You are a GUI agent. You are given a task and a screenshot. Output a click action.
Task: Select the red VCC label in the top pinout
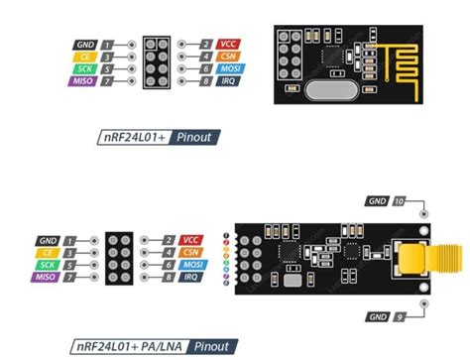(230, 45)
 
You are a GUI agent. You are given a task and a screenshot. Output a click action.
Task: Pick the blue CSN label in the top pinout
(230, 58)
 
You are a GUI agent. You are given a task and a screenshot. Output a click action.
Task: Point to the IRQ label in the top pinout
(230, 81)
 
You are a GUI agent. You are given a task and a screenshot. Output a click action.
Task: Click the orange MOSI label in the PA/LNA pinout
(192, 266)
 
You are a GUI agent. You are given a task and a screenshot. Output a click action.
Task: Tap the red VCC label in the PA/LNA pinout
(192, 241)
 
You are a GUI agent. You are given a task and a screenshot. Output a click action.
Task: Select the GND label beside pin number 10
(378, 201)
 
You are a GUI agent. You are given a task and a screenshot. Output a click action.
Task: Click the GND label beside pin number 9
(378, 316)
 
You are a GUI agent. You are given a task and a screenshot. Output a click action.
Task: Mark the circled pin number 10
(400, 201)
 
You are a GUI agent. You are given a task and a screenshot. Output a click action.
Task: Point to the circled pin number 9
(400, 316)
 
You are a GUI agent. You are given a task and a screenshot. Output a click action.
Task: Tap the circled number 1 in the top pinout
(106, 45)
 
